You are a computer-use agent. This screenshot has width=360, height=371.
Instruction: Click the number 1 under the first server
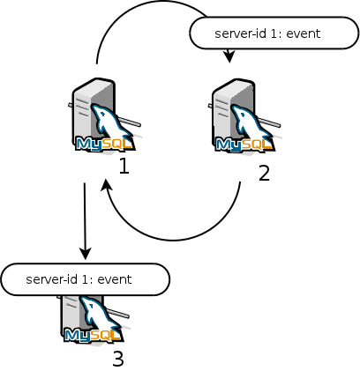coord(124,166)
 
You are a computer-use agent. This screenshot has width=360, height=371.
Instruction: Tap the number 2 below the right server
coord(264,174)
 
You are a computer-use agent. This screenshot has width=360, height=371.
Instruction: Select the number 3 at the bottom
coord(118,359)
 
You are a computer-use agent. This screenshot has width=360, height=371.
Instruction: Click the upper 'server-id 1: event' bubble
coord(274,33)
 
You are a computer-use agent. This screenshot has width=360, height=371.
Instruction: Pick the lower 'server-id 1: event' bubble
coord(86,279)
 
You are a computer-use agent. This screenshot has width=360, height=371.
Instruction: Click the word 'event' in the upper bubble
coord(304,33)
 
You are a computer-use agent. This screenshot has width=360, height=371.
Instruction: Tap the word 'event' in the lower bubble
coord(115,279)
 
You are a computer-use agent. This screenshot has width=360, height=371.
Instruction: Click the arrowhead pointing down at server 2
coord(229,56)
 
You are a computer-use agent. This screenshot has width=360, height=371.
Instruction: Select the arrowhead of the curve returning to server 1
coord(106,185)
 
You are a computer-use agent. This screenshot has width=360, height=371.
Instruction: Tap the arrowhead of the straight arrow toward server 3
coord(86,253)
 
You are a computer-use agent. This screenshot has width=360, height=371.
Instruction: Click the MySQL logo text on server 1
coord(104,144)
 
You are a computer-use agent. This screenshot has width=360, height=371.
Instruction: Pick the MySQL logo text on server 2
coord(244,144)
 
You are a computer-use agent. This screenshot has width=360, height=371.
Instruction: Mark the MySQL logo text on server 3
coord(93,335)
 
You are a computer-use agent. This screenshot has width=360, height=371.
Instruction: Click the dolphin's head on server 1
coord(100,112)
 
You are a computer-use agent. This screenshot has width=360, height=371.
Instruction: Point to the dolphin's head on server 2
coord(240,113)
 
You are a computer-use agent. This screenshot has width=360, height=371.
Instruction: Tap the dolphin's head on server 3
coord(89,304)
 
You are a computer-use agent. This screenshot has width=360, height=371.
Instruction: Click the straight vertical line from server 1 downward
coord(85,218)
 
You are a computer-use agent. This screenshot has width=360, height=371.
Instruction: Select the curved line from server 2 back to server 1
coord(174,241)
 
